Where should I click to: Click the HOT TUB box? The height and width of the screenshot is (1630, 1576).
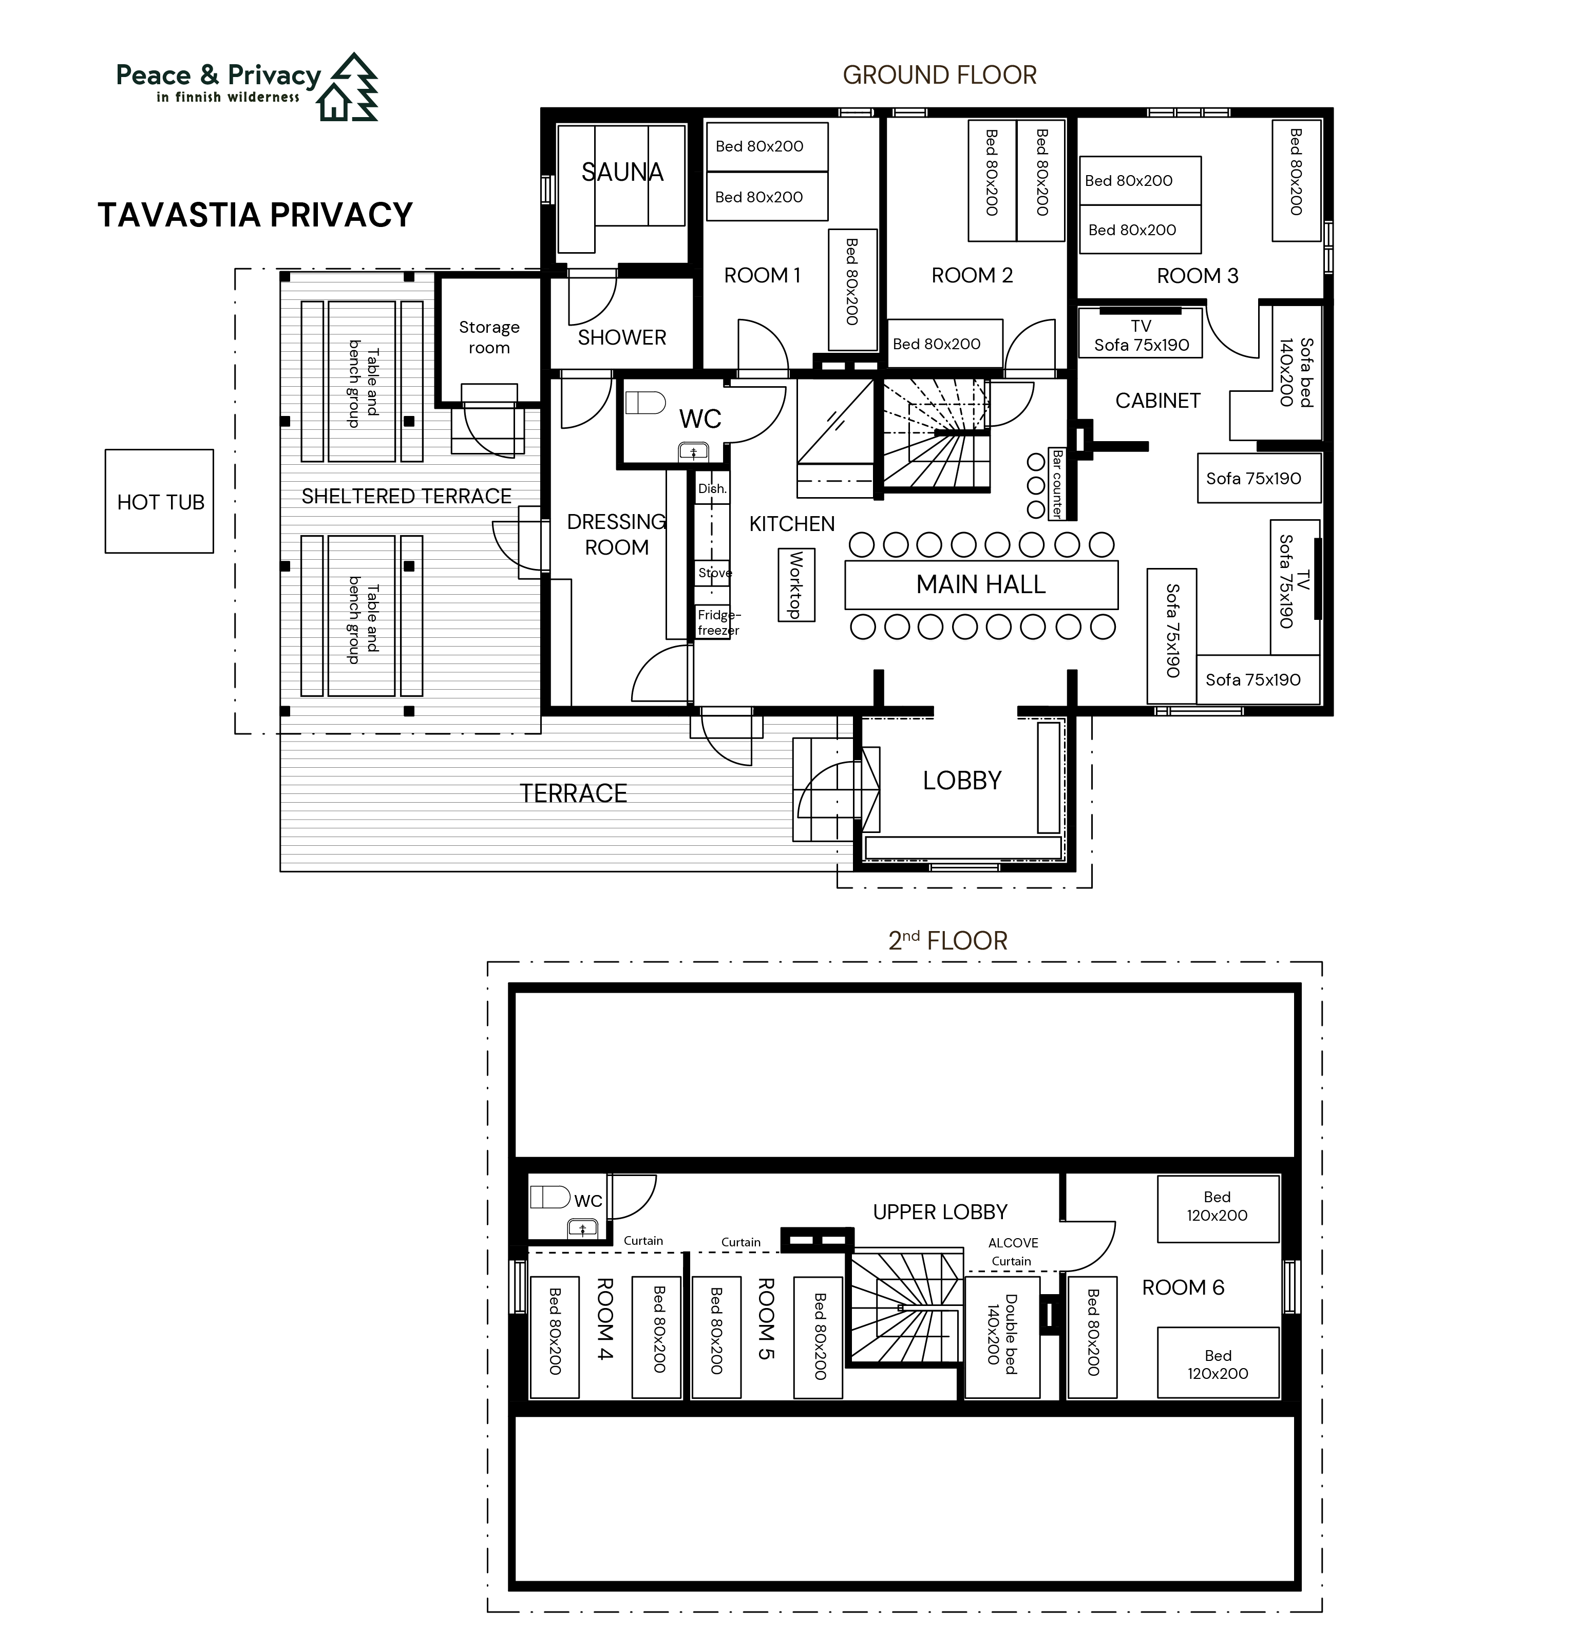[x=159, y=501]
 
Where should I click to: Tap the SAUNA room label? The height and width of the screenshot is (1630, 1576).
[x=622, y=172]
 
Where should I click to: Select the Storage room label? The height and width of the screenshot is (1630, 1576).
[x=489, y=337]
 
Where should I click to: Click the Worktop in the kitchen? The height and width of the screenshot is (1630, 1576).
[x=796, y=584]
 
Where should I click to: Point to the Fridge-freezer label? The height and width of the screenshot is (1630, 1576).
[x=718, y=622]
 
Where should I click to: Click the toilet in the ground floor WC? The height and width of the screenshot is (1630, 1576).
[x=645, y=403]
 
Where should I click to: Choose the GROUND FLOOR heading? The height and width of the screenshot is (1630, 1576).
[x=940, y=75]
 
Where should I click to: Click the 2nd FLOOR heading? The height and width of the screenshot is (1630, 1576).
[x=948, y=941]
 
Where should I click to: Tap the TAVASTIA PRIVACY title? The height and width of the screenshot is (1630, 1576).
[x=255, y=215]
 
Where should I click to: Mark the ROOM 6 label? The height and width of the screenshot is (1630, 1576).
[x=1183, y=1287]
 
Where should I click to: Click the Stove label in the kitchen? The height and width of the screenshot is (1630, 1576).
[x=714, y=573]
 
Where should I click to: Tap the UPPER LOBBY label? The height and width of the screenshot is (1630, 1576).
[x=940, y=1211]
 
